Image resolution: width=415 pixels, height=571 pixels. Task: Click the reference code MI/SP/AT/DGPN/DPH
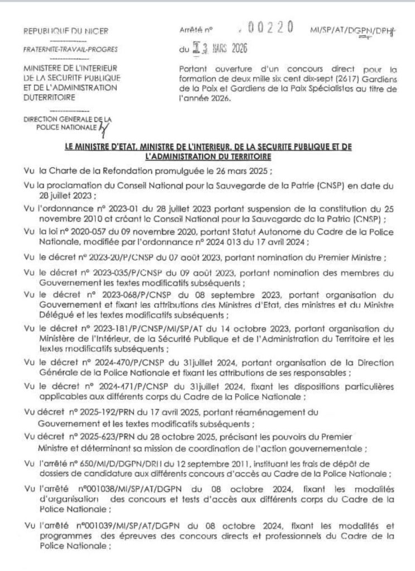pos(356,31)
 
